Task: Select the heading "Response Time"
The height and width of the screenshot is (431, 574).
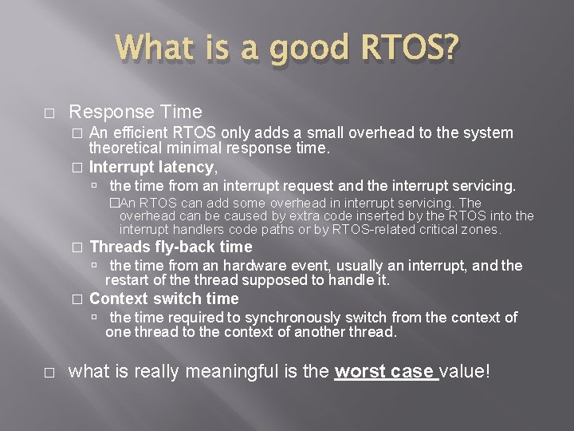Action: pos(136,112)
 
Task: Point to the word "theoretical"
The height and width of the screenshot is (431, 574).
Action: pos(126,148)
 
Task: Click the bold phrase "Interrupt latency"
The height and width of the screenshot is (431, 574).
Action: pos(151,167)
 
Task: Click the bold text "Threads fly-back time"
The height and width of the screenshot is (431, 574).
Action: pos(171,247)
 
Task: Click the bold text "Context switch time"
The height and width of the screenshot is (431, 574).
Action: pos(163,299)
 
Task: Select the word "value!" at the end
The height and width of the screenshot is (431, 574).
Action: pos(471,371)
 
